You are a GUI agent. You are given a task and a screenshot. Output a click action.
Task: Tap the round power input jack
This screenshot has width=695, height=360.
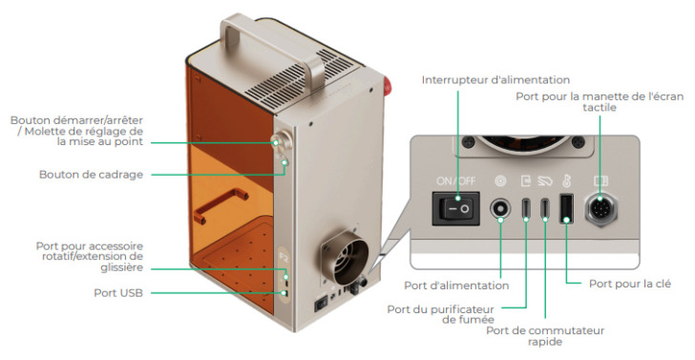tap(497, 210)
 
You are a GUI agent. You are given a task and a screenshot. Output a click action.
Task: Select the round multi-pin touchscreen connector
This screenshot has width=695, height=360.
tap(602, 209)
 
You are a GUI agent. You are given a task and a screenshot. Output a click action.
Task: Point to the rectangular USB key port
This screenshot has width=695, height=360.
tap(565, 209)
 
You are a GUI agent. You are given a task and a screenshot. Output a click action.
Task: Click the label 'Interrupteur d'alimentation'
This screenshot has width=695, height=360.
tap(495, 79)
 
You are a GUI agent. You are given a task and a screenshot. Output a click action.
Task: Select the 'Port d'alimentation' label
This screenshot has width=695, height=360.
tap(456, 285)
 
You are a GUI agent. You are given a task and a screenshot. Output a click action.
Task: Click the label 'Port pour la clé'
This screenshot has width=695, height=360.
tap(629, 284)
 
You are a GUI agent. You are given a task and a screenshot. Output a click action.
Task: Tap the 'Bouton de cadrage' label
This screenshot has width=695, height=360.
tap(91, 175)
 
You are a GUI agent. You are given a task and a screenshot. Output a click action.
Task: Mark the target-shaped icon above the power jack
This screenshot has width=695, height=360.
tap(497, 180)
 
